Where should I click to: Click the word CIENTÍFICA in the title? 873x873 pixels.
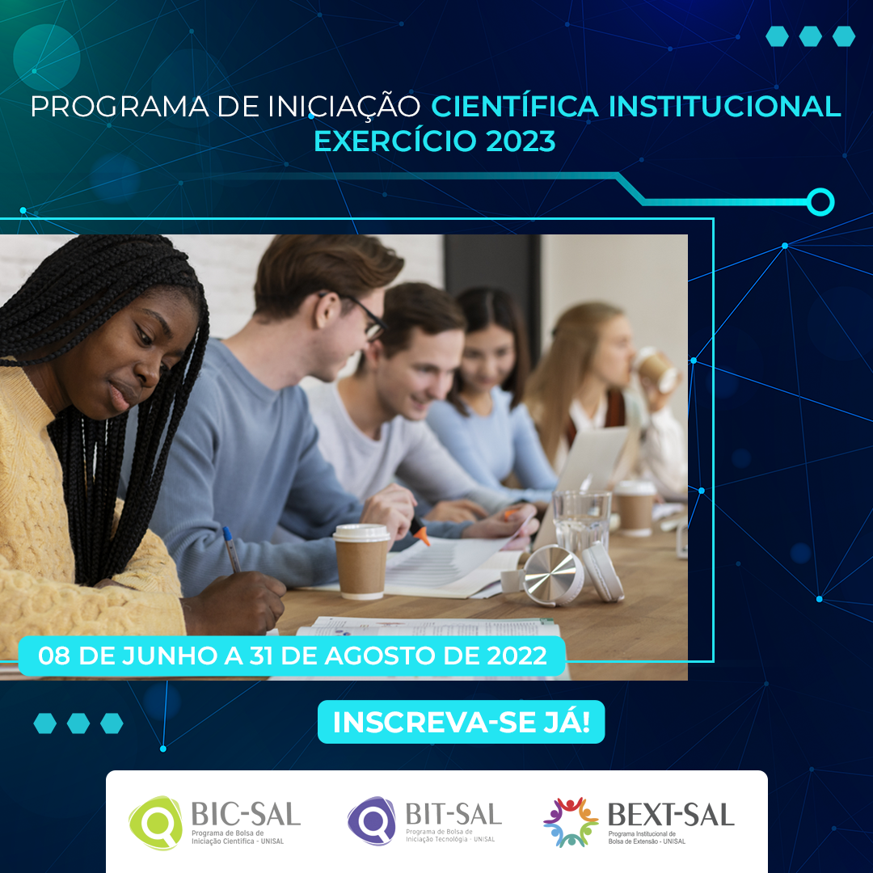514,106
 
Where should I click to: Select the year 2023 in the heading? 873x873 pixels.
521,141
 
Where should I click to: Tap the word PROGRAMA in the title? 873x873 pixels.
120,107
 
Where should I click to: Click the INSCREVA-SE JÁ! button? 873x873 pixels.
461,722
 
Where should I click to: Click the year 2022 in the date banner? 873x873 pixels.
517,656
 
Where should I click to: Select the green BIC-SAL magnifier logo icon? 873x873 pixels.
155,823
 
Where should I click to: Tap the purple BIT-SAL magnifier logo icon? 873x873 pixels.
371,821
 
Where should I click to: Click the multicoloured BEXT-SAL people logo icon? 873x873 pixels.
570,822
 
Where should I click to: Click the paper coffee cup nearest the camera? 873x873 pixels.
361,561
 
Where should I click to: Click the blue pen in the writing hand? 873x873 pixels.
232,549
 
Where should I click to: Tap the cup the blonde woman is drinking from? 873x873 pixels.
656,369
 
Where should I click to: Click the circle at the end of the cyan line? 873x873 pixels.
820,201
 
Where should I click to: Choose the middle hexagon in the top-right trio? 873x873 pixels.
810,36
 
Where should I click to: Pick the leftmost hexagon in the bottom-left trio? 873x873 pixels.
45,723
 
